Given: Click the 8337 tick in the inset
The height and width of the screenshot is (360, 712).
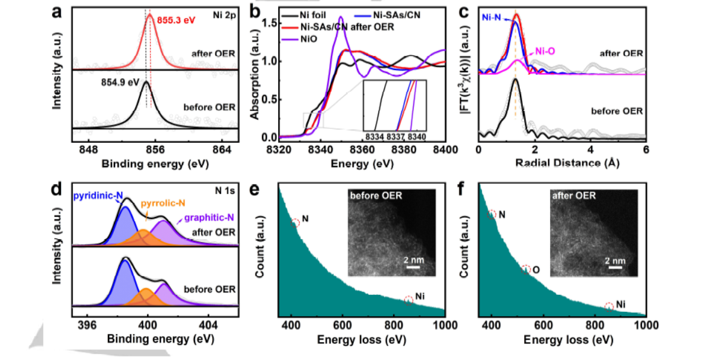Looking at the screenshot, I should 396,136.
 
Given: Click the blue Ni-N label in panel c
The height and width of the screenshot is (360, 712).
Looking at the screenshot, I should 496,18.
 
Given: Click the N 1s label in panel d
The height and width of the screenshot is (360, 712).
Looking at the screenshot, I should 226,191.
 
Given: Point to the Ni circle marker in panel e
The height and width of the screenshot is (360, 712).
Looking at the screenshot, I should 408,300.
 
